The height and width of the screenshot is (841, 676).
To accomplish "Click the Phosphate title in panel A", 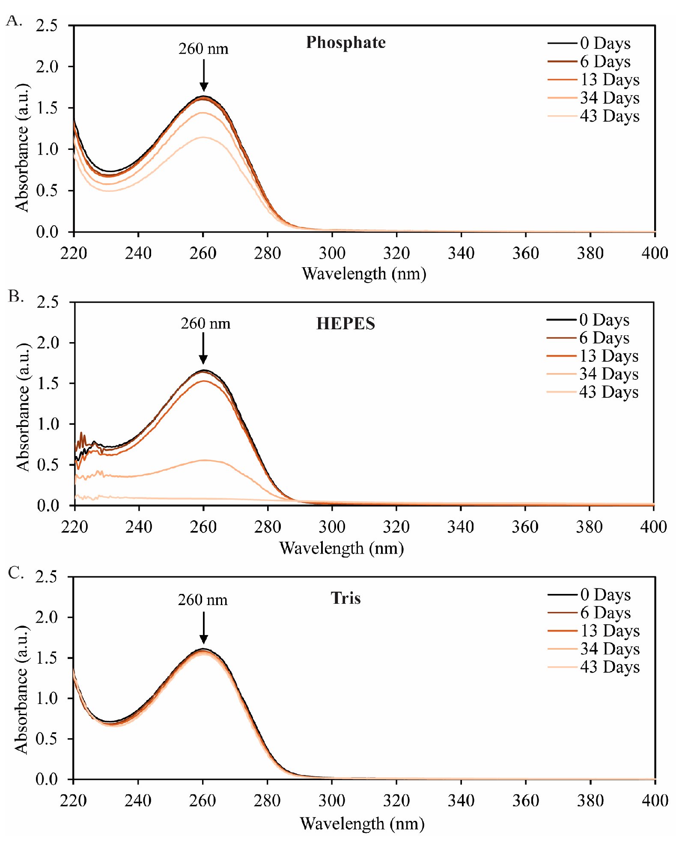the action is click(345, 42).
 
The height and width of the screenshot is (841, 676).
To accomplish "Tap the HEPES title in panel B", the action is click(345, 324).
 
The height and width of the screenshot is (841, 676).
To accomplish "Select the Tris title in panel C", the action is click(345, 598).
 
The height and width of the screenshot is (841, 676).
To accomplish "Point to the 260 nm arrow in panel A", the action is click(204, 75).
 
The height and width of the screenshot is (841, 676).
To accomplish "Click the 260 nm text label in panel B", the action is click(205, 323).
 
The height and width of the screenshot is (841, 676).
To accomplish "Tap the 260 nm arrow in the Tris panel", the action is click(204, 627).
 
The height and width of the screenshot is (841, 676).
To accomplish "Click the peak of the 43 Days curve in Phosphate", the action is click(203, 137).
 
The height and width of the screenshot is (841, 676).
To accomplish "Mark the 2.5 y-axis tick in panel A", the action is click(47, 26).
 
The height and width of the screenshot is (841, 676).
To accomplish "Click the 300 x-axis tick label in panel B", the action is click(332, 526).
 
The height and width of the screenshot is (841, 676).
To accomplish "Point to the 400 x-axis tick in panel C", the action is click(655, 800).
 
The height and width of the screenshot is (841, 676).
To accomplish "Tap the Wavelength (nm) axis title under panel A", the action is click(364, 274).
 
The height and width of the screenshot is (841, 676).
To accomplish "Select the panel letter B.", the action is click(16, 296).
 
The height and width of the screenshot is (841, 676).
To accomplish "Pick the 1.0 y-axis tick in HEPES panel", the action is click(48, 424).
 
